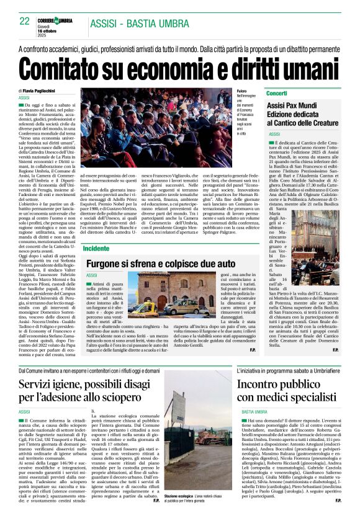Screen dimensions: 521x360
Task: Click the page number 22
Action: [25, 20]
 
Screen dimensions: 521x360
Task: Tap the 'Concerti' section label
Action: [277, 92]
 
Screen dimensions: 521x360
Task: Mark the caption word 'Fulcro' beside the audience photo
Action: [242, 91]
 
